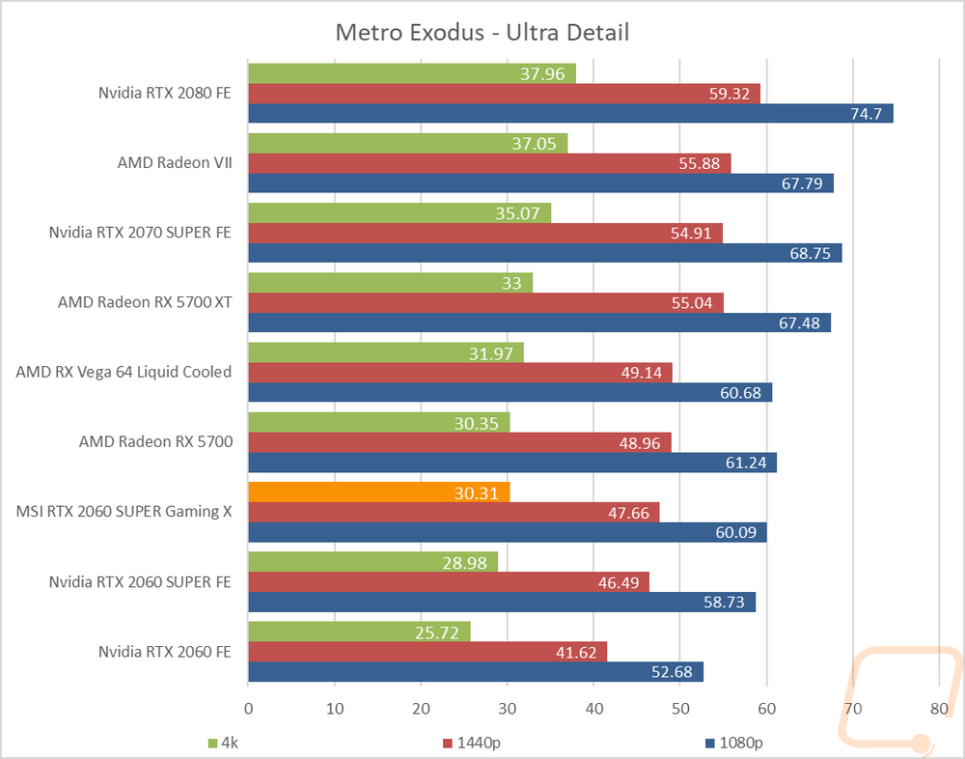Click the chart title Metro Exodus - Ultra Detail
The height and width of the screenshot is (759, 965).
tap(482, 32)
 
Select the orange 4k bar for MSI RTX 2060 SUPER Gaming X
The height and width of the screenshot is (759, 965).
tap(378, 492)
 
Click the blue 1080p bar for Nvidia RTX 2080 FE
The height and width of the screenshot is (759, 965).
tap(570, 114)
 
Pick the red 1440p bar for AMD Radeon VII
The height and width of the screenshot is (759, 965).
tap(489, 163)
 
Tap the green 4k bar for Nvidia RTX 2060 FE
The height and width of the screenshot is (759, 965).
tap(359, 632)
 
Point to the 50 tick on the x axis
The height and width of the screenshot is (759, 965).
tap(679, 708)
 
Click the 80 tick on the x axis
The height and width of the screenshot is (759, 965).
tap(938, 708)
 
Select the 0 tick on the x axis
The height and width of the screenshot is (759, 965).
tap(249, 708)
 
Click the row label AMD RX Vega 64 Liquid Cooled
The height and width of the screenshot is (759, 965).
tap(124, 372)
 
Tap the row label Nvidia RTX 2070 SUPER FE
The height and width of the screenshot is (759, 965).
tap(140, 233)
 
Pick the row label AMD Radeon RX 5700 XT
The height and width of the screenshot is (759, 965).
tap(145, 302)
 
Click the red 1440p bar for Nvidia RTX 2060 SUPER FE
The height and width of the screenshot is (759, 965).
tap(449, 581)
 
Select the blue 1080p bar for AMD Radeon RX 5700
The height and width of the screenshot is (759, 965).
tap(512, 463)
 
